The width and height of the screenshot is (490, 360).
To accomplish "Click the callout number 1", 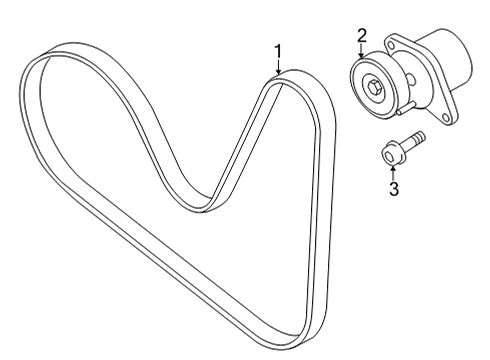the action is click(278, 52).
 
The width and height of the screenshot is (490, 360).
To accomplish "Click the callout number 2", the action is click(362, 36).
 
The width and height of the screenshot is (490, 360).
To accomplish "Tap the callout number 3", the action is click(394, 189).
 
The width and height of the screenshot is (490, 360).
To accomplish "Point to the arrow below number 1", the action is click(278, 67).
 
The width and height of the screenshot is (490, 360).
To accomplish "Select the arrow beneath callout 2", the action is click(362, 52).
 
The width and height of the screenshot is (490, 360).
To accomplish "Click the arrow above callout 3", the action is click(394, 173).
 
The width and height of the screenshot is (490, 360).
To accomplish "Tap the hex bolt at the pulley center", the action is click(373, 87).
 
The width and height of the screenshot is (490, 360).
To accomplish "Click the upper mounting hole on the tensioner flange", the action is click(390, 47).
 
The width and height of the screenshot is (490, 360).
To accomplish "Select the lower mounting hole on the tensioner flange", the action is click(444, 117).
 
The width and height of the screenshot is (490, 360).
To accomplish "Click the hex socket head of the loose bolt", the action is click(390, 155).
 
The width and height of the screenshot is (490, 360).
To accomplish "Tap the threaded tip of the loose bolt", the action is click(418, 136).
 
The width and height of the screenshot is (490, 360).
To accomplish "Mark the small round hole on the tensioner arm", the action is click(411, 79).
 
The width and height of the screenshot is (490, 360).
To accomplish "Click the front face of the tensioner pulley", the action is click(373, 88).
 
